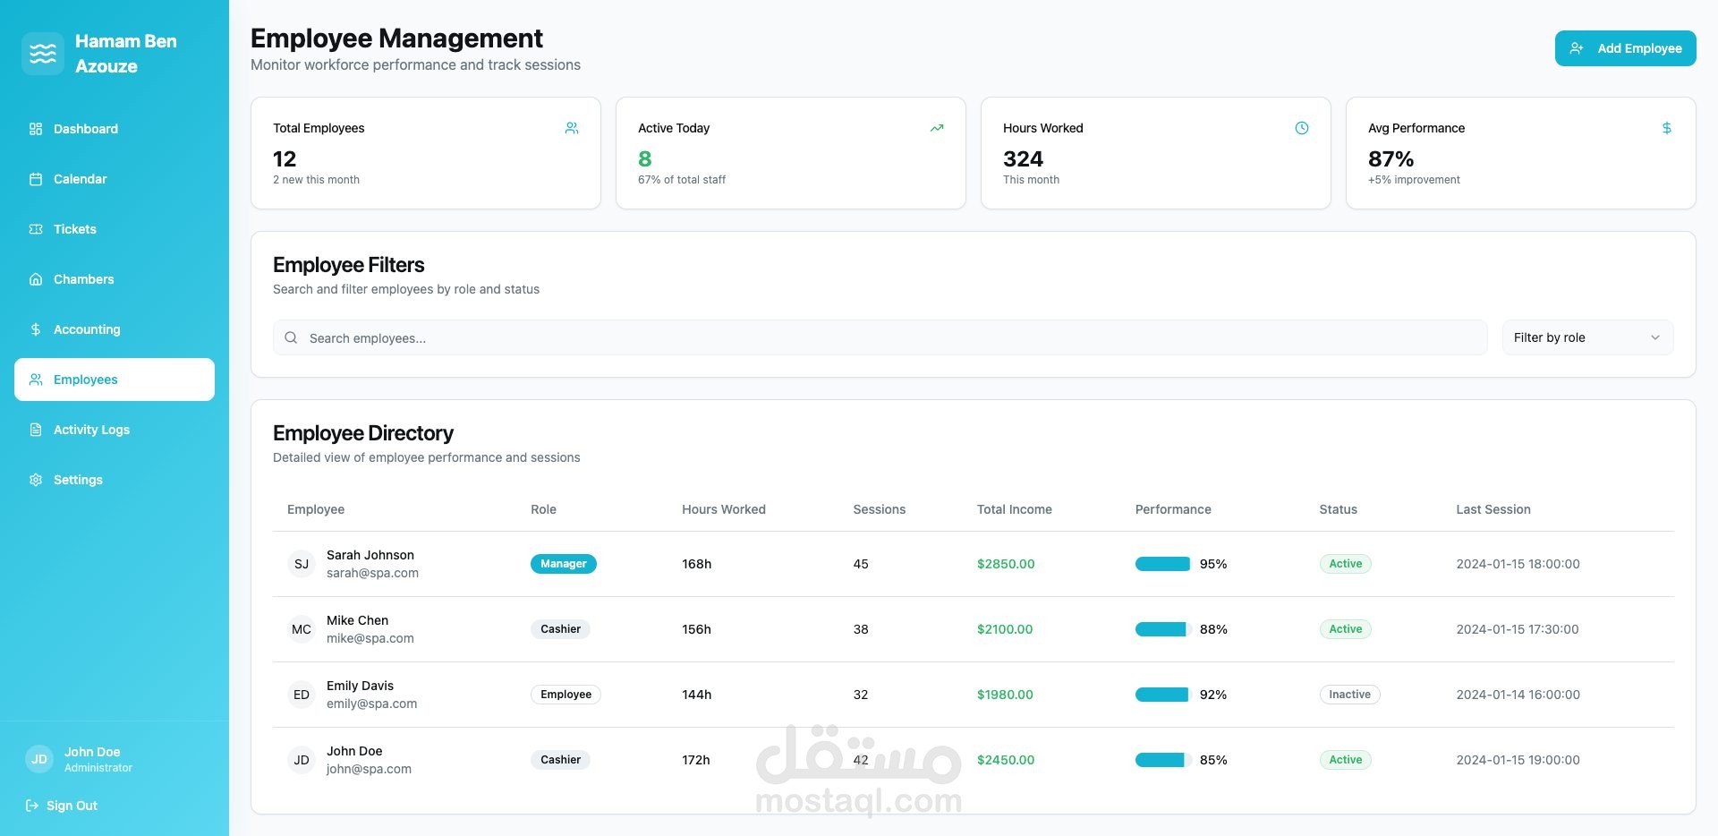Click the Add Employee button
point(1625,48)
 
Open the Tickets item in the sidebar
point(74,229)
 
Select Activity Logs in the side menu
point(91,430)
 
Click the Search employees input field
point(880,337)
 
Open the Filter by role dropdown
point(1587,337)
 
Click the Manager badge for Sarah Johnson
point(564,564)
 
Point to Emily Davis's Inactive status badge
point(1349,695)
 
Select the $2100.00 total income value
point(1005,629)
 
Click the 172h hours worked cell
point(696,760)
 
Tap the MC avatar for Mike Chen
point(302,629)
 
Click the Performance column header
point(1173,509)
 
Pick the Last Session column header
point(1493,509)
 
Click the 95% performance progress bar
point(1163,564)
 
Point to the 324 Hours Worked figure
point(1023,159)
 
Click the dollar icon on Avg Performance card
point(1666,128)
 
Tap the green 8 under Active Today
point(644,159)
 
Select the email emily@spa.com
point(371,704)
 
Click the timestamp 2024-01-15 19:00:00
point(1518,760)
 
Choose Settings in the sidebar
point(78,480)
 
